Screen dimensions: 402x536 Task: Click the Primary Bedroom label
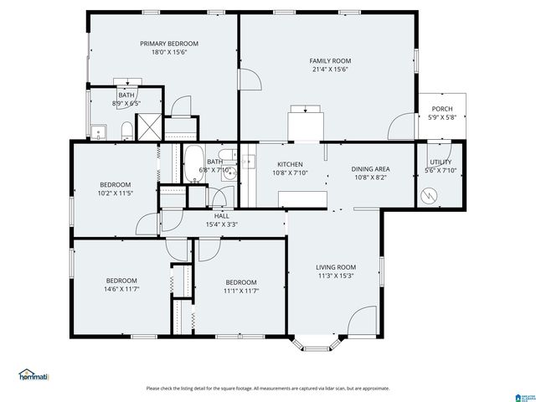[168, 43]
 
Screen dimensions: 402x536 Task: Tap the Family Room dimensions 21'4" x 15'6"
[329, 70]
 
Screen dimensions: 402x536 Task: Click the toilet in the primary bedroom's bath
[126, 129]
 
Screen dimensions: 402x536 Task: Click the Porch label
[441, 109]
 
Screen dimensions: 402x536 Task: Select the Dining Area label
[370, 168]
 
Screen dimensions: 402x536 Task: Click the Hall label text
[222, 215]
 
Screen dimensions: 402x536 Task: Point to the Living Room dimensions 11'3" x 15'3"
[336, 276]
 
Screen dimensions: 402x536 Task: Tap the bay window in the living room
[317, 342]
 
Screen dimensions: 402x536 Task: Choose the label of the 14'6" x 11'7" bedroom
[121, 281]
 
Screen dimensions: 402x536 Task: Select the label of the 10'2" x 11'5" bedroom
[115, 184]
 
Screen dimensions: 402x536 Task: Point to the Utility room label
[440, 162]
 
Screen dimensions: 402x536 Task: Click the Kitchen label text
[290, 164]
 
